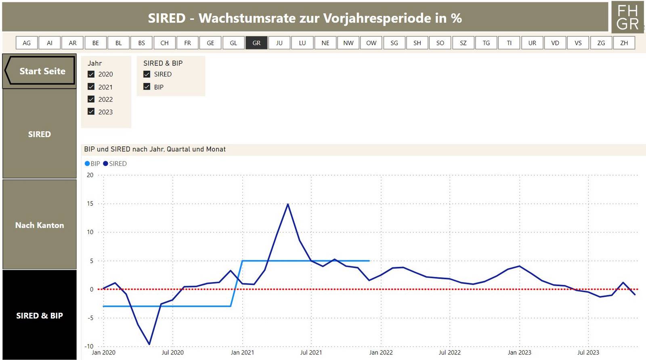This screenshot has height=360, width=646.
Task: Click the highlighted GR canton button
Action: tap(256, 43)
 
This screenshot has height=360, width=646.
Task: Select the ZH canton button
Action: tap(624, 43)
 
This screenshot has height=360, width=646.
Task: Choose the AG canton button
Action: tap(27, 43)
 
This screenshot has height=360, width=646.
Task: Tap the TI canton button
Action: tap(509, 43)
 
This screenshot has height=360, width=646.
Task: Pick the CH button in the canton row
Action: tap(164, 43)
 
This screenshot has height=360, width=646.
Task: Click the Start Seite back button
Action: tap(40, 71)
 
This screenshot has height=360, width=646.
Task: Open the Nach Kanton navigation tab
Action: tap(40, 225)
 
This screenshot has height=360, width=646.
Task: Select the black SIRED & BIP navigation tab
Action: tap(40, 315)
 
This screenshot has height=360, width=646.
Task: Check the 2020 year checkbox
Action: tap(91, 74)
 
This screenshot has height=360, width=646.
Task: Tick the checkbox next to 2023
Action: tap(91, 112)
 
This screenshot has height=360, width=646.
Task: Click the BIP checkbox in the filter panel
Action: tap(147, 87)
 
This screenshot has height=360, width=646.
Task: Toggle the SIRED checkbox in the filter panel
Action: tap(147, 74)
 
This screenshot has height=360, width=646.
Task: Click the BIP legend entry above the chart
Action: tap(92, 163)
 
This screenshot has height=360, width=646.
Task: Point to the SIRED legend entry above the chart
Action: tap(115, 163)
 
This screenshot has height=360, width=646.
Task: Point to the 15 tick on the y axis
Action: tap(90, 204)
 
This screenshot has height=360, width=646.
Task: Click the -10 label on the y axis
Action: tap(89, 346)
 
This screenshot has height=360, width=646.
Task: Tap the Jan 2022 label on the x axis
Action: tap(381, 352)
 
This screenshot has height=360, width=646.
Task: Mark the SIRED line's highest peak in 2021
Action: tap(288, 204)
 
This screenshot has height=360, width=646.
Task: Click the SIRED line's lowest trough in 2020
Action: tap(149, 344)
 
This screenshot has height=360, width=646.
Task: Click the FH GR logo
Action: tap(627, 17)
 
